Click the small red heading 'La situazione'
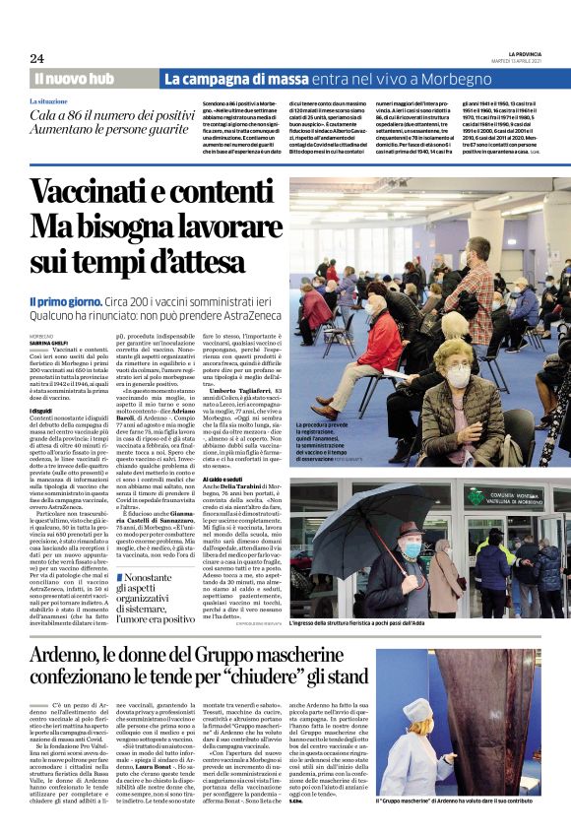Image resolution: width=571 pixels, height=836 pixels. (x=49, y=101)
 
